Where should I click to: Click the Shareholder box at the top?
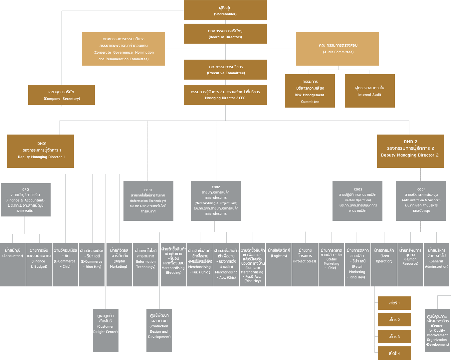pos(225,11)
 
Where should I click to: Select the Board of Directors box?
pos(225,34)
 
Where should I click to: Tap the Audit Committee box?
pos(338,49)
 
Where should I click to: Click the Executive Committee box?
pos(225,70)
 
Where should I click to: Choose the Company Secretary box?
pos(62,95)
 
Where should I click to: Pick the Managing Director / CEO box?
pos(225,95)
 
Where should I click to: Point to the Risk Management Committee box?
pos(310,91)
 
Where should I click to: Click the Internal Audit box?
pos(370,91)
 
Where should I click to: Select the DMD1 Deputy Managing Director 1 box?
pos(41,151)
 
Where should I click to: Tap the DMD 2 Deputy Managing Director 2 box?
pos(410,151)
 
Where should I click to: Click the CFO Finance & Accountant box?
pos(26,200)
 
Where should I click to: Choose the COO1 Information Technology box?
pos(148,201)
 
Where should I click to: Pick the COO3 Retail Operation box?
pos(357,201)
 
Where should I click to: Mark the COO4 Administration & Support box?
pos(421,201)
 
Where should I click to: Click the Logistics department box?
pos(279,265)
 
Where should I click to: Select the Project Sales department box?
pos(305,265)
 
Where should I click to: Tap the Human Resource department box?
pos(410,265)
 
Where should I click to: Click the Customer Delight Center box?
pos(106,330)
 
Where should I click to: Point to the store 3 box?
pos(394,336)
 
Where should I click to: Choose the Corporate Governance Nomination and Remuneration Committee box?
pos(123,49)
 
